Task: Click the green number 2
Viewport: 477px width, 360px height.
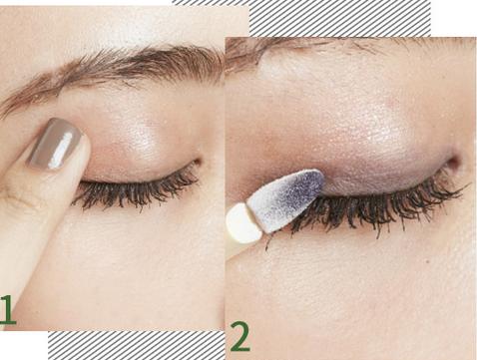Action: [x=240, y=336]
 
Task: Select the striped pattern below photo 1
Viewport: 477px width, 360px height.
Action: [x=137, y=345]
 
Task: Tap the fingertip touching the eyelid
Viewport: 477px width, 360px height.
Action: [x=82, y=157]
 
